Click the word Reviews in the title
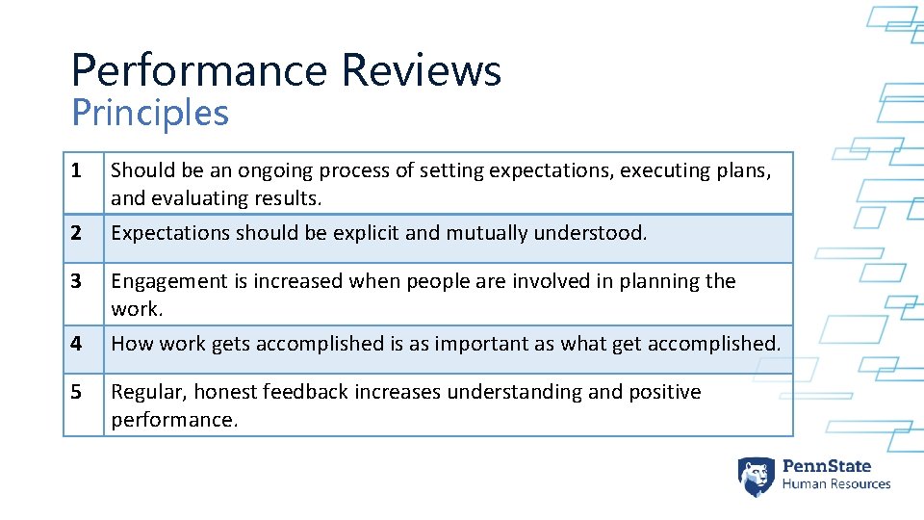[422, 71]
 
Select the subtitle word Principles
[150, 114]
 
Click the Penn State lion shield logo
[756, 477]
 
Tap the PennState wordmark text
[827, 467]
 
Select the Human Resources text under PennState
[835, 484]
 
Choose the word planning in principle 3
[653, 281]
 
